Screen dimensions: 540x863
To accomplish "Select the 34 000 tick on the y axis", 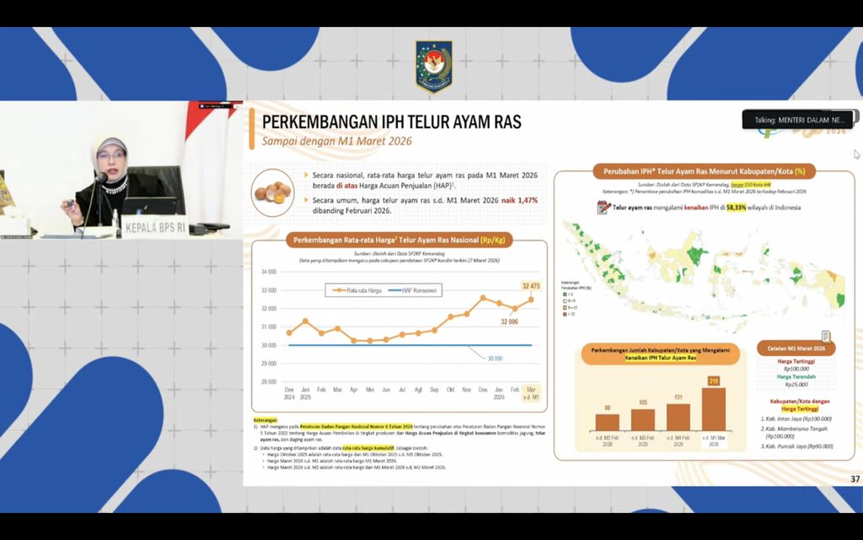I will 269,272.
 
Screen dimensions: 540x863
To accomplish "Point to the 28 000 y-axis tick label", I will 269,381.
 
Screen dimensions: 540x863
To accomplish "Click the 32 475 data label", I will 530,286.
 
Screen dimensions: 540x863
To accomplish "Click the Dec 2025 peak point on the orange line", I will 483,298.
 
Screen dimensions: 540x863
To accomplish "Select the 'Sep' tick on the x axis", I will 435,389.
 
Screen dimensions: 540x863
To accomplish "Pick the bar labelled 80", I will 607,422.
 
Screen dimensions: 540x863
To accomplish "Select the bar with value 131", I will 678,417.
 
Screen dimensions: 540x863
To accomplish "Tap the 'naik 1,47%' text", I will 519,200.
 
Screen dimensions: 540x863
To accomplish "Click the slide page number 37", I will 855,479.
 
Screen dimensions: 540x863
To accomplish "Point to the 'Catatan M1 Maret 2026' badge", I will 796,348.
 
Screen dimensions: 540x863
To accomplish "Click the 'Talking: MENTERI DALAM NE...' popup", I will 796,120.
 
